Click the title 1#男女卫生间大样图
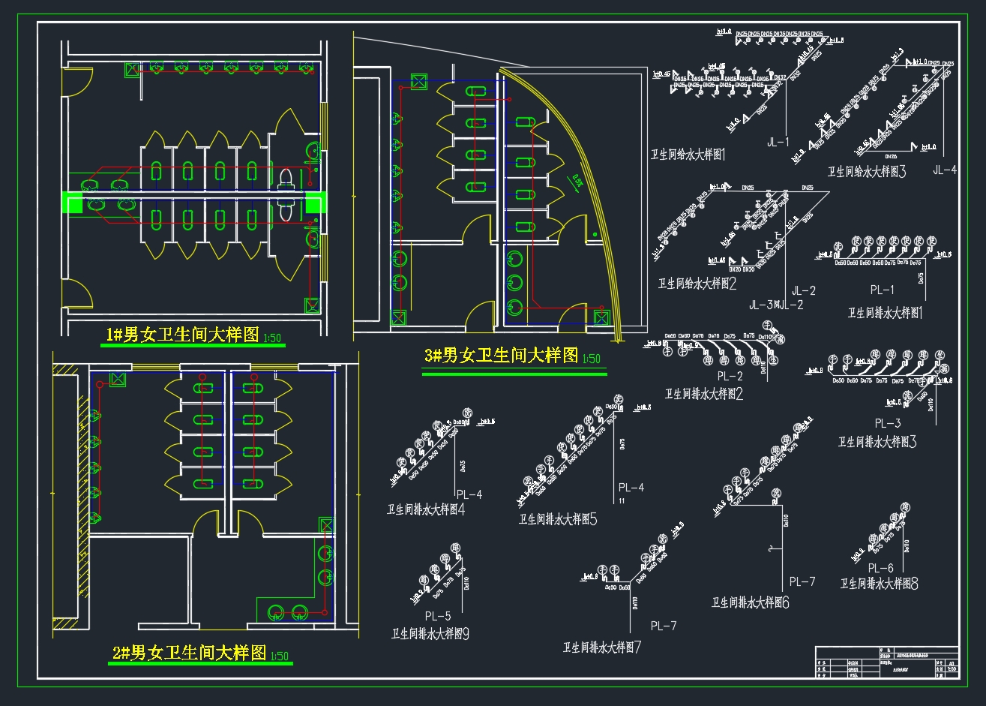pyautogui.click(x=181, y=335)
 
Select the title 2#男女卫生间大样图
pyautogui.click(x=189, y=653)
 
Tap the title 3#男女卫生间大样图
pyautogui.click(x=501, y=356)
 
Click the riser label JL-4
pyautogui.click(x=945, y=170)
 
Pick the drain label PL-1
pyautogui.click(x=882, y=290)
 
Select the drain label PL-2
pyautogui.click(x=730, y=377)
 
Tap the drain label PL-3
pyautogui.click(x=888, y=424)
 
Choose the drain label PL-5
pyautogui.click(x=438, y=616)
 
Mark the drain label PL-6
pyautogui.click(x=881, y=569)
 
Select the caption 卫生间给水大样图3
pyautogui.click(x=867, y=172)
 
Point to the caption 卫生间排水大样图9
pyautogui.click(x=430, y=634)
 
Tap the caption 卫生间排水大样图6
pyautogui.click(x=750, y=602)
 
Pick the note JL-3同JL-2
pyautogui.click(x=776, y=305)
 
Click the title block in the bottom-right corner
pyautogui.click(x=886, y=662)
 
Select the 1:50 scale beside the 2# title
pyautogui.click(x=279, y=656)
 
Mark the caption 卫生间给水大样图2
pyautogui.click(x=697, y=284)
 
